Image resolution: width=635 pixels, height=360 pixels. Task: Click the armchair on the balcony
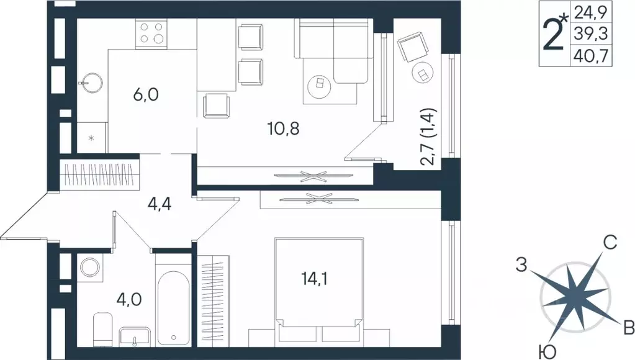click(x=412, y=47)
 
